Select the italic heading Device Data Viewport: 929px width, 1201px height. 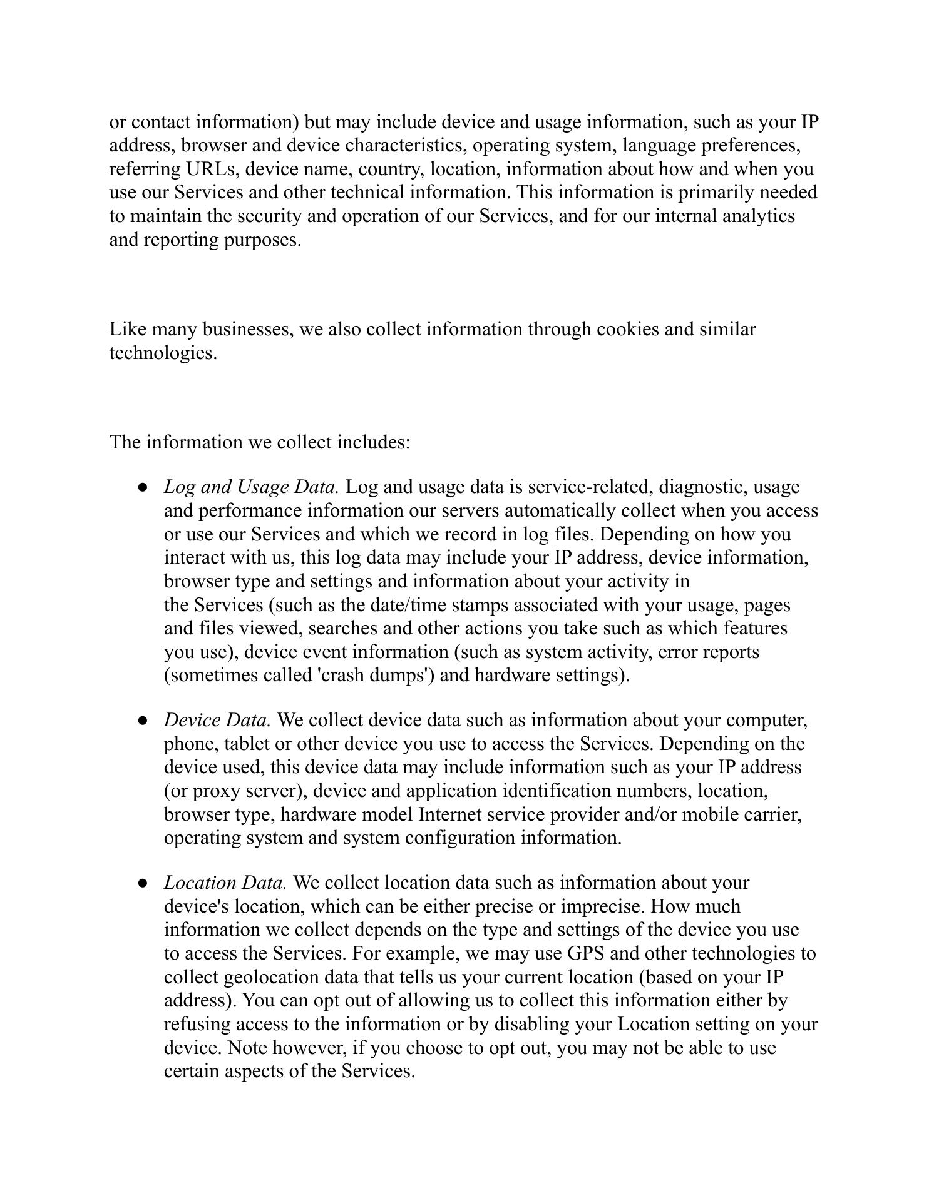pyautogui.click(x=217, y=720)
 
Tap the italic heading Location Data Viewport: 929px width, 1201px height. pyautogui.click(x=225, y=883)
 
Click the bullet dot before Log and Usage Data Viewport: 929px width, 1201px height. pyautogui.click(x=143, y=487)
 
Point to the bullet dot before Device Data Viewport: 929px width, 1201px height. pyautogui.click(x=143, y=721)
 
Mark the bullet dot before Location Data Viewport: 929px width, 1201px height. pyautogui.click(x=143, y=883)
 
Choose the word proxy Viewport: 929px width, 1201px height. pyautogui.click(x=216, y=791)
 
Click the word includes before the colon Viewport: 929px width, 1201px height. pyautogui.click(x=373, y=442)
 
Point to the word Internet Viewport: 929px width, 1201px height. pyautogui.click(x=449, y=814)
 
